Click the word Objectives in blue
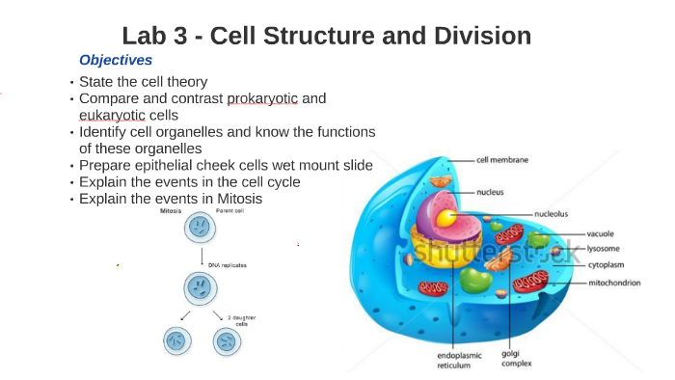tap(116, 60)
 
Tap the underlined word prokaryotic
tap(263, 98)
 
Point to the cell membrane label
tap(501, 160)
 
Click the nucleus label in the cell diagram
tap(490, 192)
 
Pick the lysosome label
tap(604, 248)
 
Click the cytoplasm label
tap(607, 263)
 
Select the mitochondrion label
tap(614, 283)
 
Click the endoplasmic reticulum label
tap(459, 361)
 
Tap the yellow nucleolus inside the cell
tap(445, 219)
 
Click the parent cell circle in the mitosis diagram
tap(200, 228)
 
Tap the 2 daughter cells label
tap(241, 320)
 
